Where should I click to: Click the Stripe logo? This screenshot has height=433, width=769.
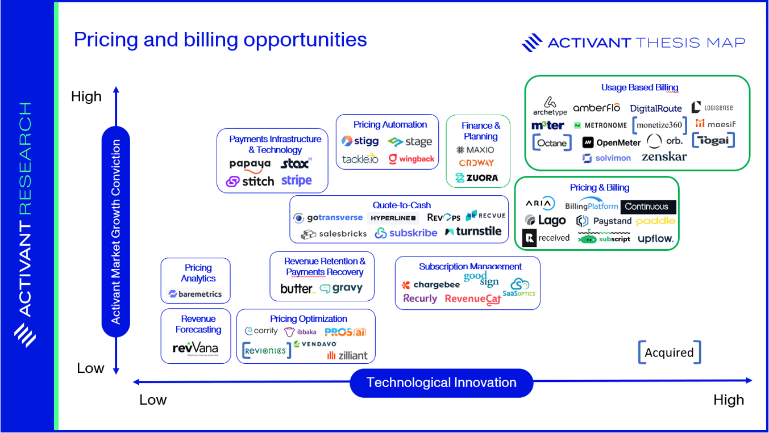point(296,181)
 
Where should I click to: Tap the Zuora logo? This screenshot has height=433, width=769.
point(477,178)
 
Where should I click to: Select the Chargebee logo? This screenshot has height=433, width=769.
point(431,285)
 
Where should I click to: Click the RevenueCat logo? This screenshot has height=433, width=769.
point(472,299)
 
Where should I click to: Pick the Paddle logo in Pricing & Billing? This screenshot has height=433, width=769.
point(655,221)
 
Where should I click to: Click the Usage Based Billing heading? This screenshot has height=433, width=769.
point(639,87)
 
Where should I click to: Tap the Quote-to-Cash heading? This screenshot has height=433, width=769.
point(402,205)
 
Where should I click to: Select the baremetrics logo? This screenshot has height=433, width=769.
point(196,294)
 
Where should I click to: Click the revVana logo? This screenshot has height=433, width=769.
point(195,348)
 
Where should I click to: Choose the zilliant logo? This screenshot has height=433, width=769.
point(347,355)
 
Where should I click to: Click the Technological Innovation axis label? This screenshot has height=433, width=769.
point(442,382)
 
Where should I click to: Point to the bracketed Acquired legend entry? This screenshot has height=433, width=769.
point(669,352)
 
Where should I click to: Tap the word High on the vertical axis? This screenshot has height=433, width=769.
point(86,96)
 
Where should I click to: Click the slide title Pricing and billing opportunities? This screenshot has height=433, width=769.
point(220,40)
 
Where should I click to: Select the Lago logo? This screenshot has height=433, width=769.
point(545,221)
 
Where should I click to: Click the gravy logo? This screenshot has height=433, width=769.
point(341,288)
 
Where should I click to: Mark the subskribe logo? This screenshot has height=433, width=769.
point(406,233)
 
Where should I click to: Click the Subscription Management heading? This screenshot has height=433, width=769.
point(470,266)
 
